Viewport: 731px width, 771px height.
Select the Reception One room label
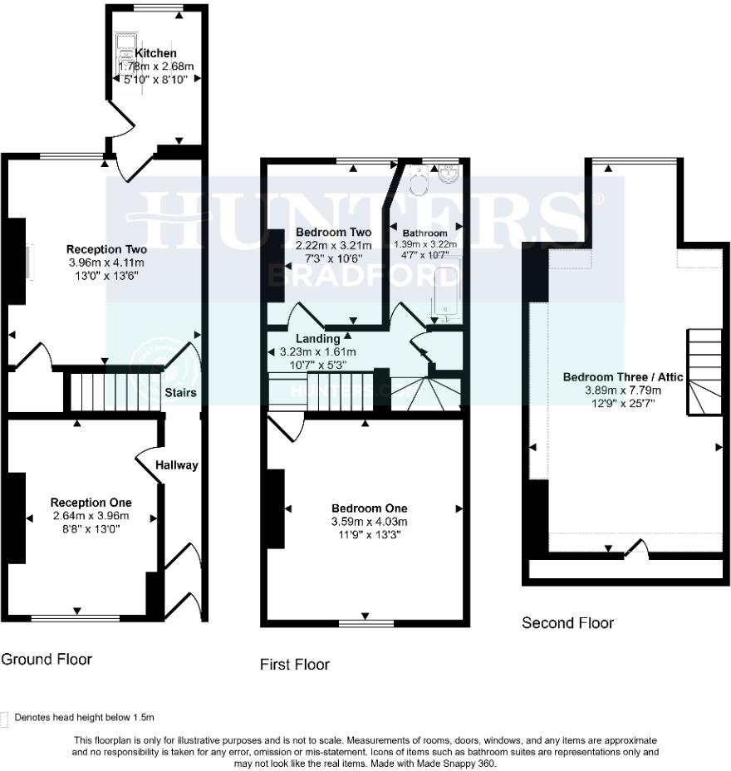[91, 503]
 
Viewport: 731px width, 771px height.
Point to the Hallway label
[176, 465]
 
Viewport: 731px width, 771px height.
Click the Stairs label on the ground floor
[179, 392]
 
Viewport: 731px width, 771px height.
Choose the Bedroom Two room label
[333, 232]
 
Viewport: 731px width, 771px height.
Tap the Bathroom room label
[424, 233]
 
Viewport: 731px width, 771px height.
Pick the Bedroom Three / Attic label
[623, 377]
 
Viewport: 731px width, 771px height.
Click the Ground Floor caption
[46, 659]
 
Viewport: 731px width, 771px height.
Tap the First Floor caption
[294, 664]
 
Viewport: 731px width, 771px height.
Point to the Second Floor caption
[567, 622]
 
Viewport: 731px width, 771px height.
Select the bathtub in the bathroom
[446, 294]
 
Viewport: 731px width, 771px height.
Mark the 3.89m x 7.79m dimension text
[623, 390]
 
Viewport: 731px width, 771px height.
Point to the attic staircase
[704, 371]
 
